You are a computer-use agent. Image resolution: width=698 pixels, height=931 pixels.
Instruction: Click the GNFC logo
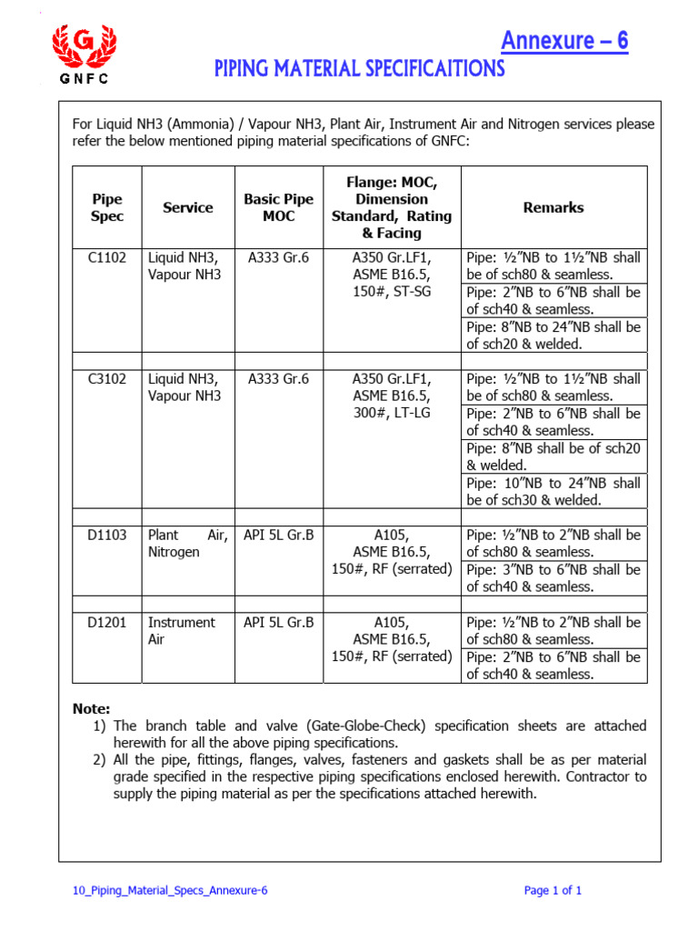point(85,54)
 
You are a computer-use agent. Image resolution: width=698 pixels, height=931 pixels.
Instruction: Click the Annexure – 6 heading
point(564,41)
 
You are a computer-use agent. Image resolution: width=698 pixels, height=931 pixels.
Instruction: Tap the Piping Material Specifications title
point(359,69)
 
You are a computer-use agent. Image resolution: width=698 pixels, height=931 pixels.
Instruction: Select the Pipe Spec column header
point(107,207)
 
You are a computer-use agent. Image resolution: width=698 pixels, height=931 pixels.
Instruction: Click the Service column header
point(188,207)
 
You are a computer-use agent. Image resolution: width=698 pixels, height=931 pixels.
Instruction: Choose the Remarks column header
point(553,207)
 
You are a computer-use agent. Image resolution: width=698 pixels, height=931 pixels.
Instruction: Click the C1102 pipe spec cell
point(107,257)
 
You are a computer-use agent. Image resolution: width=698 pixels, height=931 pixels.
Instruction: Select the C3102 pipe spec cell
point(107,378)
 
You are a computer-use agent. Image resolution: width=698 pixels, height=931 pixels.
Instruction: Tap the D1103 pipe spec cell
point(107,536)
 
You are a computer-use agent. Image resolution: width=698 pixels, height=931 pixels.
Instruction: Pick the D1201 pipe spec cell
point(107,623)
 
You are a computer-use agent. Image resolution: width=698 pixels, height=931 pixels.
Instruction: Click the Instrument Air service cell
point(182,631)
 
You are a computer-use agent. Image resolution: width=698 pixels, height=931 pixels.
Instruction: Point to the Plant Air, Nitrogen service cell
point(187,544)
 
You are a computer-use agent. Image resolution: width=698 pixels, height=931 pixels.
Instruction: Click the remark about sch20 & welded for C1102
point(553,335)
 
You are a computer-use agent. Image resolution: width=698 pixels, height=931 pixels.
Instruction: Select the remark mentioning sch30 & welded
point(553,492)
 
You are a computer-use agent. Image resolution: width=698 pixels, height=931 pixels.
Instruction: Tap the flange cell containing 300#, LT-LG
point(392,395)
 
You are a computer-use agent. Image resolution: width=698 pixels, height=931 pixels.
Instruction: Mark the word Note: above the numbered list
point(91,708)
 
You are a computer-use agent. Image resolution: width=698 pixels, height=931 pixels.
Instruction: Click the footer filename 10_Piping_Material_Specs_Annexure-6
point(170,890)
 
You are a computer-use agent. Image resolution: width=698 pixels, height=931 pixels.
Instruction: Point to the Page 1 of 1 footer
point(553,890)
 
